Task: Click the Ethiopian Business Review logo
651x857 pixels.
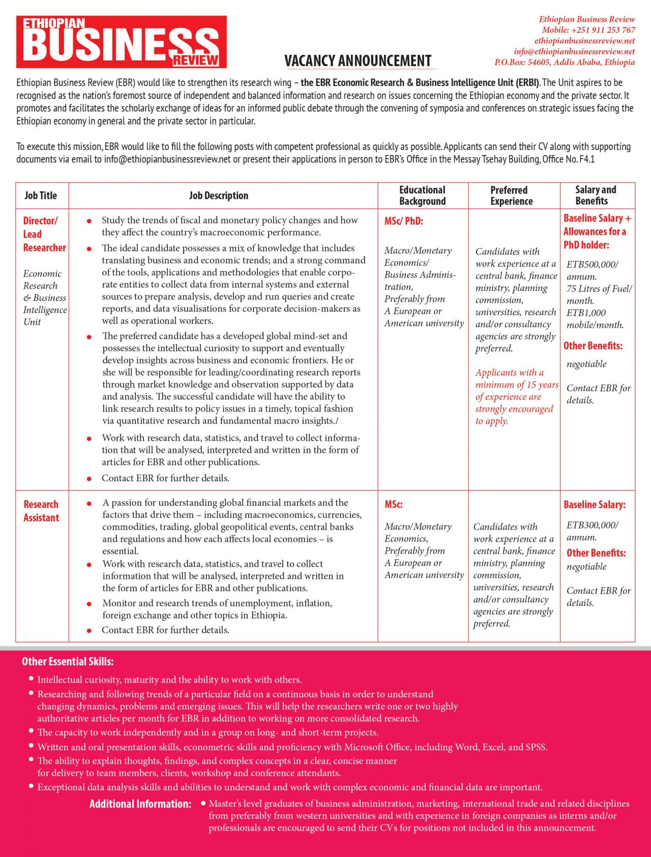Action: pyautogui.click(x=121, y=42)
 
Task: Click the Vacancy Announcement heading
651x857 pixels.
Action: pyautogui.click(x=358, y=61)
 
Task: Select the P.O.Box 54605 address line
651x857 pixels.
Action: pyautogui.click(x=565, y=62)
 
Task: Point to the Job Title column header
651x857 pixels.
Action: pyautogui.click(x=41, y=196)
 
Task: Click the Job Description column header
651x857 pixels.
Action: pyautogui.click(x=219, y=196)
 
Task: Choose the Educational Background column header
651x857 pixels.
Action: pyautogui.click(x=422, y=196)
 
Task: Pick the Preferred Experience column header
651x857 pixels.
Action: pyautogui.click(x=511, y=196)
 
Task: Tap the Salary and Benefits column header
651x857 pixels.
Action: pyautogui.click(x=595, y=195)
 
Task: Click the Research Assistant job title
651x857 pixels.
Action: pyautogui.click(x=41, y=511)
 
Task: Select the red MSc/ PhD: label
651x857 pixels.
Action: pyautogui.click(x=404, y=221)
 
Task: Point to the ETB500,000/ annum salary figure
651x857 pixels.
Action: pyautogui.click(x=593, y=270)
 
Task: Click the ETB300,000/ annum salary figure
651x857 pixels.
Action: pyautogui.click(x=593, y=531)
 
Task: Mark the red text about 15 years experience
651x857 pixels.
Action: pyautogui.click(x=515, y=396)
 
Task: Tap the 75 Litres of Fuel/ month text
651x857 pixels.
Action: pyautogui.click(x=599, y=294)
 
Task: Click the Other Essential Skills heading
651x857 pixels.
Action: pyautogui.click(x=68, y=661)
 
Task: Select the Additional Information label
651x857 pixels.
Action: pyautogui.click(x=140, y=804)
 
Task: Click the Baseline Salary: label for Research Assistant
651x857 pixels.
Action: pyautogui.click(x=595, y=505)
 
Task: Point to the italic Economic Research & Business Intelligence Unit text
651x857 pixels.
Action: pyautogui.click(x=44, y=297)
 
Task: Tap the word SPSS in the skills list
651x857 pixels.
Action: pyautogui.click(x=536, y=747)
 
